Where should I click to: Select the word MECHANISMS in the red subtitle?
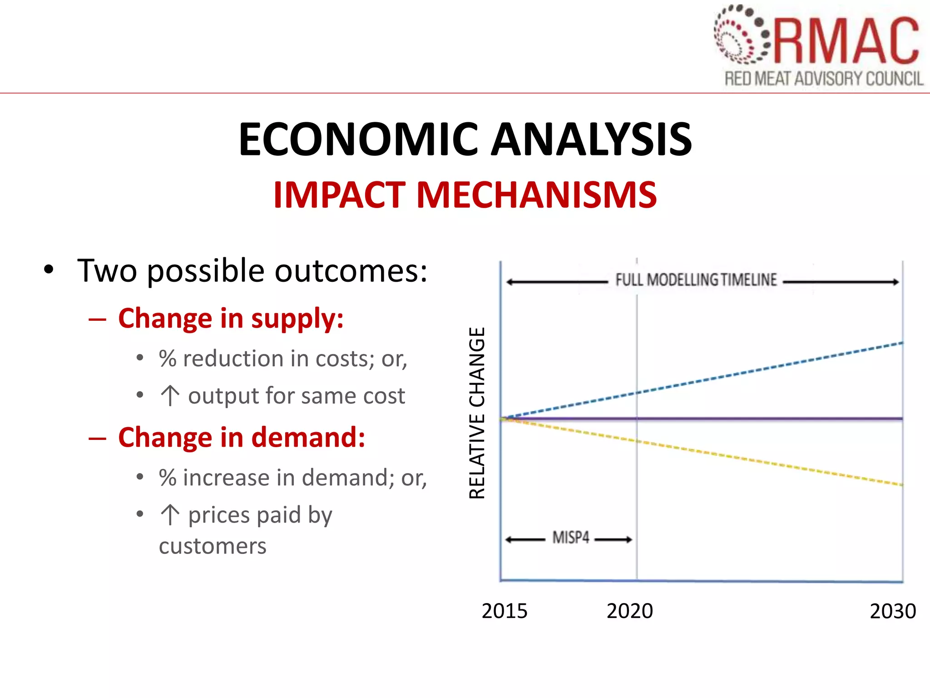[536, 195]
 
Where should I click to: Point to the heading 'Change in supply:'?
[231, 318]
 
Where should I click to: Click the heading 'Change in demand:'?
[242, 437]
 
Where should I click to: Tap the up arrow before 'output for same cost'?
[170, 395]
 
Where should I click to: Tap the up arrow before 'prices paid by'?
[170, 515]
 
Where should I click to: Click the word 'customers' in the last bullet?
[213, 545]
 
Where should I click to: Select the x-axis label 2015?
[505, 611]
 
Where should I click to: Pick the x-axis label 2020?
[630, 611]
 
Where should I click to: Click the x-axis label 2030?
[893, 611]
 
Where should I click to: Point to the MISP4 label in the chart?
[571, 538]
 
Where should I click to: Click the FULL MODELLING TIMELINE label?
[696, 279]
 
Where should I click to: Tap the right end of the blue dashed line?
[901, 344]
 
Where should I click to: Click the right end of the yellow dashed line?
[901, 484]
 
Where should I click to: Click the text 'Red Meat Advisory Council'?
[824, 79]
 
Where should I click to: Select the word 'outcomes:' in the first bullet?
[351, 271]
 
